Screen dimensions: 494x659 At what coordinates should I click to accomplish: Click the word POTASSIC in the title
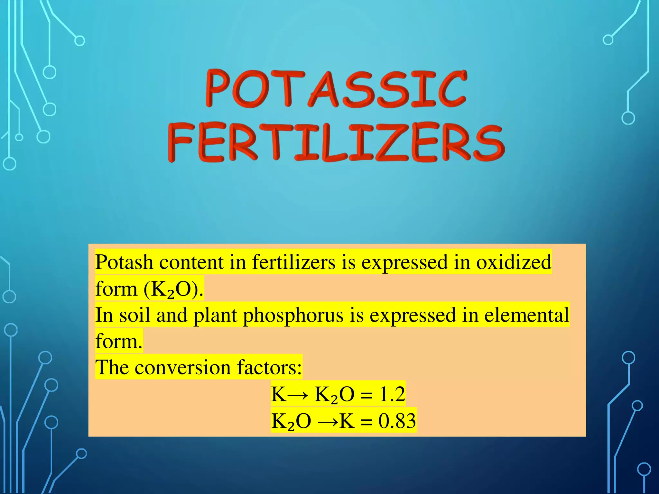point(336,88)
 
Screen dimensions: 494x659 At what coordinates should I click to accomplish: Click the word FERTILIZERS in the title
point(336,143)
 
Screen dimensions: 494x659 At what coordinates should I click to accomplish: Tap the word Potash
point(124,262)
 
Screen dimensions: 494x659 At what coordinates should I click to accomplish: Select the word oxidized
point(514,262)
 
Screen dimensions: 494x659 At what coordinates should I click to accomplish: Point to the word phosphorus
point(293,315)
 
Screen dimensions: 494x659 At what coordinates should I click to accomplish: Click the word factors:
point(269,367)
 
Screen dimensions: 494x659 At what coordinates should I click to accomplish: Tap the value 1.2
point(392,394)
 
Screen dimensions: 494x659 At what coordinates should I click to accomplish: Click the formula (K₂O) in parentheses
point(173,289)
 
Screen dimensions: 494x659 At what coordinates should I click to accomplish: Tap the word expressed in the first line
point(404,262)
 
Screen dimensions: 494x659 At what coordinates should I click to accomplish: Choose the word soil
point(135,315)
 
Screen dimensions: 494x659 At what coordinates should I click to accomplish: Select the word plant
point(215,315)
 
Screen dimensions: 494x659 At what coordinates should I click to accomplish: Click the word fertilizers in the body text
point(293,262)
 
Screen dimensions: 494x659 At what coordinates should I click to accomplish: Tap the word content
point(191,262)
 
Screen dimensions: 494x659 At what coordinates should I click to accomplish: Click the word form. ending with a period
point(119,342)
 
